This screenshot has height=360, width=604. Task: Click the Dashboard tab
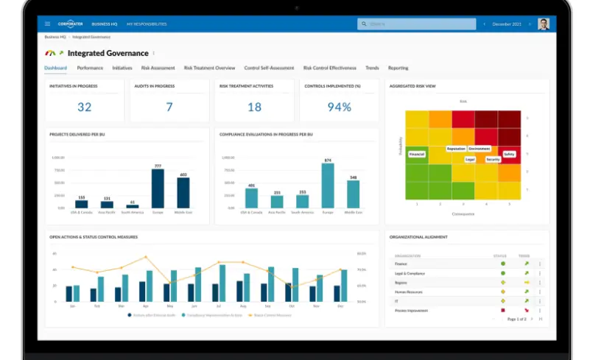pyautogui.click(x=55, y=68)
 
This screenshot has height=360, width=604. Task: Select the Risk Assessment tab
pyautogui.click(x=158, y=68)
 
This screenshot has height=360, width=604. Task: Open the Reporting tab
pyautogui.click(x=398, y=68)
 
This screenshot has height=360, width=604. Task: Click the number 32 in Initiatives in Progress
pyautogui.click(x=85, y=107)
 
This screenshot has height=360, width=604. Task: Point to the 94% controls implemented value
pyautogui.click(x=339, y=107)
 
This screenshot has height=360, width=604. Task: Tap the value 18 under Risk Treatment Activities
pyautogui.click(x=254, y=107)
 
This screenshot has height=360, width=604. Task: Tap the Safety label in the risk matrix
pyautogui.click(x=510, y=154)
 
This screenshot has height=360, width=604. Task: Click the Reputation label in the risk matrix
pyautogui.click(x=456, y=149)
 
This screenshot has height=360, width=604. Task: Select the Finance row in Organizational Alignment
pyautogui.click(x=401, y=263)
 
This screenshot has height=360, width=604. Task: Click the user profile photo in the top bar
pyautogui.click(x=544, y=24)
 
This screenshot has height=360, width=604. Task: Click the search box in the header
pyautogui.click(x=416, y=24)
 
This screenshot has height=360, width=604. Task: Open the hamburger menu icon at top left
pyautogui.click(x=48, y=24)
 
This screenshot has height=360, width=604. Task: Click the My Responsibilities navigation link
pyautogui.click(x=147, y=24)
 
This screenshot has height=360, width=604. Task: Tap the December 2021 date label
pyautogui.click(x=506, y=24)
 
